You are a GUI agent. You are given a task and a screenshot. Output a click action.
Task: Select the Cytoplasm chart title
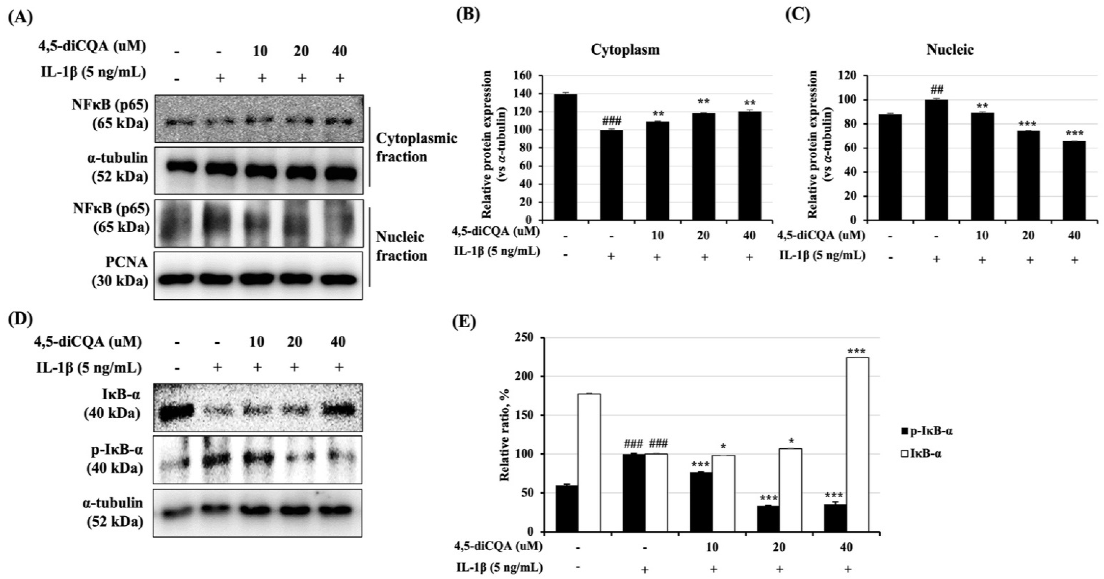pos(625,50)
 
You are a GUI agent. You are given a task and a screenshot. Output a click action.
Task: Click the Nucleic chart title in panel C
pos(950,50)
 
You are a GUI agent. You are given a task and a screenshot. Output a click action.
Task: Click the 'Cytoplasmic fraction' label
pos(416,147)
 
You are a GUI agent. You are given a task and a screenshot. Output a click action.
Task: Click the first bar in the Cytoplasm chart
pos(565,157)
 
